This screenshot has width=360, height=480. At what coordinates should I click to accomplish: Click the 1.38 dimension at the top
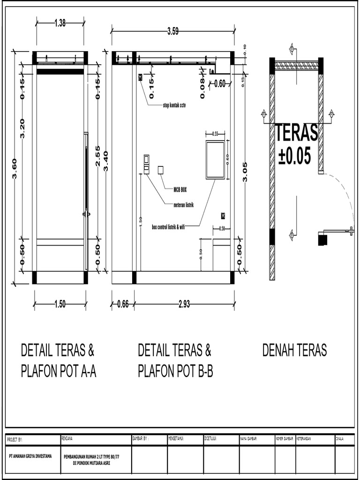click(x=60, y=23)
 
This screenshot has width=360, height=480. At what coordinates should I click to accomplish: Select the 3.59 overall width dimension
click(x=173, y=32)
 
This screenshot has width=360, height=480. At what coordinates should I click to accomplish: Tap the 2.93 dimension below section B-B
click(x=184, y=304)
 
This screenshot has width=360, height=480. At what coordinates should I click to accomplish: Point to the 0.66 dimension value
click(x=122, y=304)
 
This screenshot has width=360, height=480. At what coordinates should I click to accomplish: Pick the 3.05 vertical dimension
click(x=245, y=171)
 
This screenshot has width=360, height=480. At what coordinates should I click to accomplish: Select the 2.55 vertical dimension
click(x=97, y=156)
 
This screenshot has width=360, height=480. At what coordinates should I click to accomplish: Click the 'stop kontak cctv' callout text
click(x=174, y=105)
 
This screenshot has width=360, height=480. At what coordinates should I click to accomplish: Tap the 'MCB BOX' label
click(x=180, y=189)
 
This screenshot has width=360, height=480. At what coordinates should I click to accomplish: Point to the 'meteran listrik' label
click(x=184, y=205)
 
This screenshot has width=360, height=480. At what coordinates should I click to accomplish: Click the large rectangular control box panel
click(x=215, y=160)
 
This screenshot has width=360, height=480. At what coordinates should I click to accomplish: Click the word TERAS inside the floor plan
click(x=296, y=133)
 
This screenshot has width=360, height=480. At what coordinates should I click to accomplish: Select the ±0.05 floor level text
click(x=294, y=156)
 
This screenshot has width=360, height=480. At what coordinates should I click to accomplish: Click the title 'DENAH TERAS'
click(x=294, y=350)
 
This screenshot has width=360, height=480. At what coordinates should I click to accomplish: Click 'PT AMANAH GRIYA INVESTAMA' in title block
click(x=31, y=455)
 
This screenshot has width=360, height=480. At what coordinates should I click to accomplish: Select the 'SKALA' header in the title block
click(x=340, y=439)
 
